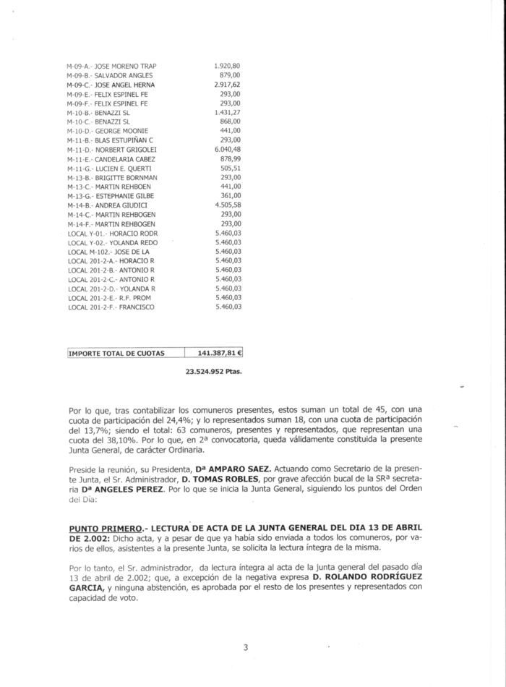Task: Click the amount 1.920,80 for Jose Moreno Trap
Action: [x=228, y=67]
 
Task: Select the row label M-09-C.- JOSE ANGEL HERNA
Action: [x=111, y=85]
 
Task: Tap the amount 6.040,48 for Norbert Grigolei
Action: [x=228, y=149]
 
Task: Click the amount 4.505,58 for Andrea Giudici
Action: [x=228, y=205]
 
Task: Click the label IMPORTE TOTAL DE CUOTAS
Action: [x=116, y=354]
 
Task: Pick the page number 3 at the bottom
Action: [x=246, y=647]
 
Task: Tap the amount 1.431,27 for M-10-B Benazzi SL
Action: [x=228, y=113]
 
